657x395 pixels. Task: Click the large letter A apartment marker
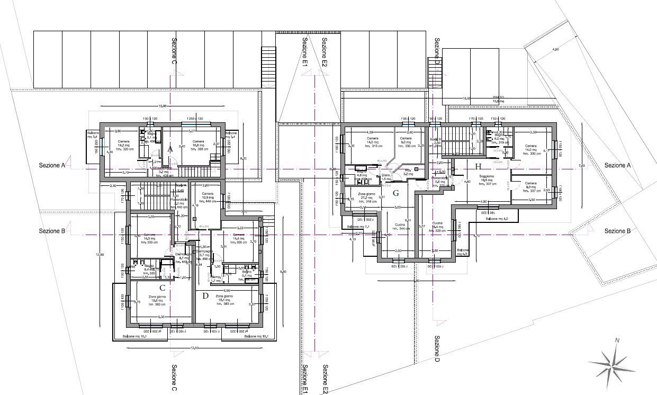[170, 150]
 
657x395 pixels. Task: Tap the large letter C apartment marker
[163, 288]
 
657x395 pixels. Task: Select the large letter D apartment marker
[205, 295]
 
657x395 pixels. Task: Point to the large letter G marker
[395, 193]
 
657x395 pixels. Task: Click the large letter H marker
[478, 166]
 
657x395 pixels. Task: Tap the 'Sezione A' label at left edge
[52, 165]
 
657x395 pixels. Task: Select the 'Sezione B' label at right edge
[617, 231]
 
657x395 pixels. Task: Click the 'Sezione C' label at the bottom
[174, 376]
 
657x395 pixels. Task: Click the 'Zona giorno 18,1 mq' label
[226, 300]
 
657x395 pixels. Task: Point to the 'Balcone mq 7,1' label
[358, 227]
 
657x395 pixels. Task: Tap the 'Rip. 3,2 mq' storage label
[408, 172]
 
